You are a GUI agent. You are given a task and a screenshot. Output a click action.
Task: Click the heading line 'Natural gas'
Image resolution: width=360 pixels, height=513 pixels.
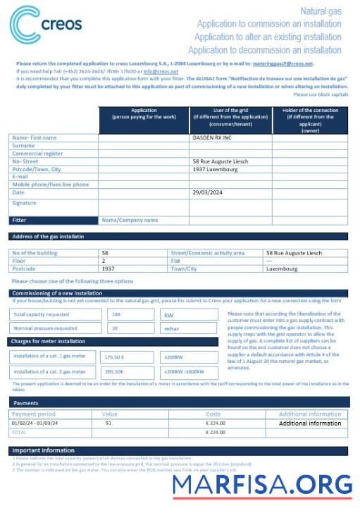(x=321, y=11)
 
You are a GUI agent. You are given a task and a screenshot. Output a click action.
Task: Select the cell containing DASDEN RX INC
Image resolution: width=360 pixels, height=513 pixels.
(x=211, y=138)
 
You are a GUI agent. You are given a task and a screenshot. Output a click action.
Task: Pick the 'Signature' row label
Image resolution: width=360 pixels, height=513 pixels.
(x=24, y=203)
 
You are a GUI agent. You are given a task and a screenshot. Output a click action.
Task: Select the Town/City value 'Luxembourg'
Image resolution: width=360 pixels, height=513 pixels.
(x=281, y=268)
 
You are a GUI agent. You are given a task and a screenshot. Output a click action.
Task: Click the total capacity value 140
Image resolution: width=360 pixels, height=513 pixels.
(x=116, y=314)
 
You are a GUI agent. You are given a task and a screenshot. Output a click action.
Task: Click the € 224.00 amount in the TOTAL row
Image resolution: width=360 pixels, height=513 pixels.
(x=216, y=431)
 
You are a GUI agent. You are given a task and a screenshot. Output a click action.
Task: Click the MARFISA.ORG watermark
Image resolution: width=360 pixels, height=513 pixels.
(x=262, y=486)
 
